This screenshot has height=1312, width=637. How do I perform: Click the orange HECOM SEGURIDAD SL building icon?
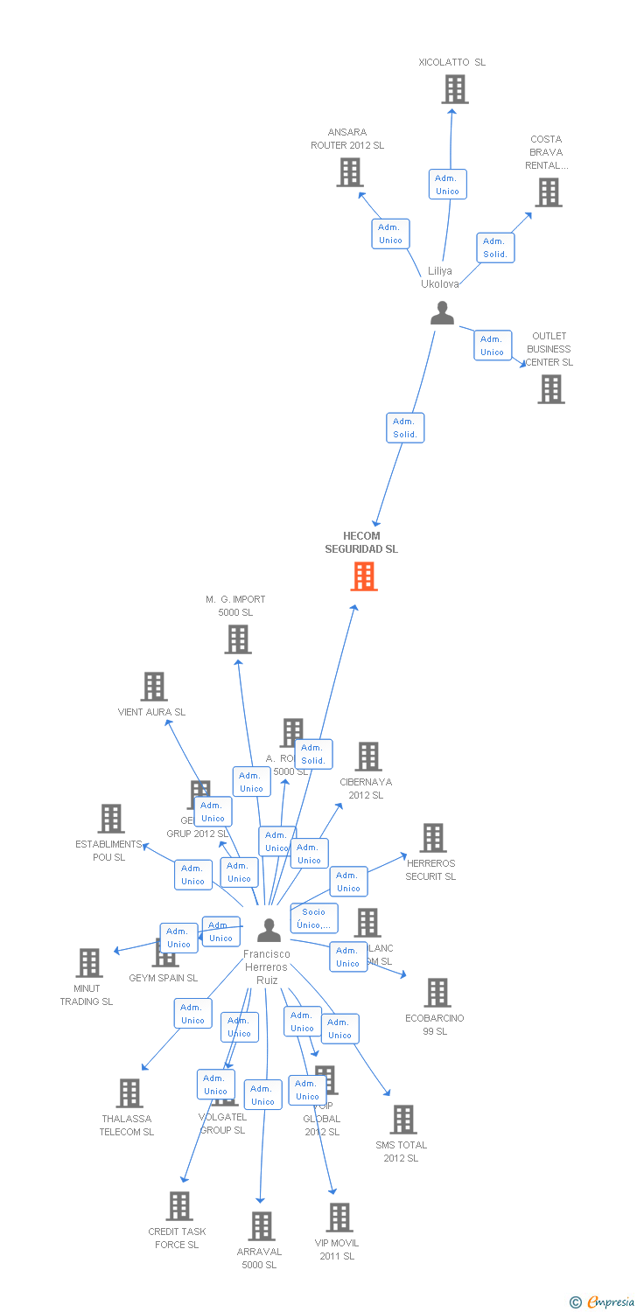tap(364, 576)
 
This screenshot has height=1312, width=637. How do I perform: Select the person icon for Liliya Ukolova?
tap(443, 313)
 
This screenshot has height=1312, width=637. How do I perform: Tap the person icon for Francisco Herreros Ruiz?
tap(269, 930)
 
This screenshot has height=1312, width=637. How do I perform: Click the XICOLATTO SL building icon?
tap(454, 89)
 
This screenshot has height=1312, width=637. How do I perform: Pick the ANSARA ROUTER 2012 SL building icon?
tap(350, 172)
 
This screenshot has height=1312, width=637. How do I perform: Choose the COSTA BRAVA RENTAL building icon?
tap(549, 192)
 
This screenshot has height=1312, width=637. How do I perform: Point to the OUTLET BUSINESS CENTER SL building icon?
tap(551, 389)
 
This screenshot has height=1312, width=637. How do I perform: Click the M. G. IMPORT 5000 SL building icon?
tap(238, 639)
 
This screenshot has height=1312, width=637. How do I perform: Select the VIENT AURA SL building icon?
tap(154, 687)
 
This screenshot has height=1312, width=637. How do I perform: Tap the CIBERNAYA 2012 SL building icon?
tap(368, 757)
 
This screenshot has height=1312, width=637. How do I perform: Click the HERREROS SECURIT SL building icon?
tap(433, 838)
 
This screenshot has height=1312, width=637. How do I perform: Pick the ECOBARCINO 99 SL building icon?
tap(437, 993)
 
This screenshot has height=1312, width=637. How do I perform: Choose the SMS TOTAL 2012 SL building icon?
tap(403, 1120)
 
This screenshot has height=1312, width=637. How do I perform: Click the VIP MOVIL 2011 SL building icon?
tap(339, 1218)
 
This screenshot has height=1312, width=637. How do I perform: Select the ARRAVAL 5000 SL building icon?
tap(262, 1226)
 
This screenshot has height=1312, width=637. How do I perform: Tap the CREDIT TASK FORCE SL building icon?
tap(179, 1206)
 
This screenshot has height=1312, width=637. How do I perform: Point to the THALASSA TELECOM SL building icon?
tap(129, 1093)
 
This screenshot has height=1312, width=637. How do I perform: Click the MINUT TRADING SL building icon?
tap(89, 963)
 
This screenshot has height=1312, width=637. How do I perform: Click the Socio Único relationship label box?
tap(314, 918)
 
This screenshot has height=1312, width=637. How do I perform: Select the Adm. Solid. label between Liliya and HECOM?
tap(405, 428)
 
